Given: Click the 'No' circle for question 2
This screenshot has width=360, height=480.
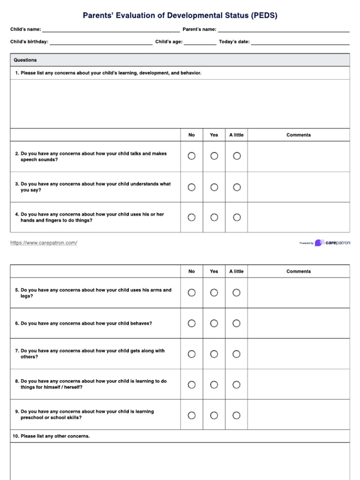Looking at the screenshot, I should pyautogui.click(x=192, y=156).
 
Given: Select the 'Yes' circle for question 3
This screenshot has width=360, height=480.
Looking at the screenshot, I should pyautogui.click(x=214, y=187).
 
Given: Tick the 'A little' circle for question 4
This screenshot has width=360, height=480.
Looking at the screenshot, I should pyautogui.click(x=237, y=217).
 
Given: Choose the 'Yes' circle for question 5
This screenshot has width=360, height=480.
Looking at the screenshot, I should pyautogui.click(x=214, y=292).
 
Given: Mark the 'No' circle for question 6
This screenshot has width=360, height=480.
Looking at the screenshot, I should pyautogui.click(x=192, y=323).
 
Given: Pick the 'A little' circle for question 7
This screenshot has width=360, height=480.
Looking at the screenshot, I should pyautogui.click(x=237, y=354).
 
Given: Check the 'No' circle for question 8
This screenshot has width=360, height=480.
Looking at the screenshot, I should pyautogui.click(x=192, y=385).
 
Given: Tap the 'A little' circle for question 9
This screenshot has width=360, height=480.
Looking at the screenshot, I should pyautogui.click(x=237, y=415).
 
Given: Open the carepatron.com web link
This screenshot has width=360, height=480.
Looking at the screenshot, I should pyautogui.click(x=44, y=243).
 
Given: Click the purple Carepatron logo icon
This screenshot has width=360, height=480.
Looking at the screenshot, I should pyautogui.click(x=319, y=243).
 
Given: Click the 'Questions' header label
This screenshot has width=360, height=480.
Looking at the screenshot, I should pyautogui.click(x=25, y=60).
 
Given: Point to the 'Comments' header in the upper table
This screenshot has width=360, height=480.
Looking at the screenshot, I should pyautogui.click(x=299, y=135).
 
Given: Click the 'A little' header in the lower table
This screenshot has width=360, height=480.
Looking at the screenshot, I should pyautogui.click(x=237, y=271).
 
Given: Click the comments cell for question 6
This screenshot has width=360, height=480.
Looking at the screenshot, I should pyautogui.click(x=299, y=323).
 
